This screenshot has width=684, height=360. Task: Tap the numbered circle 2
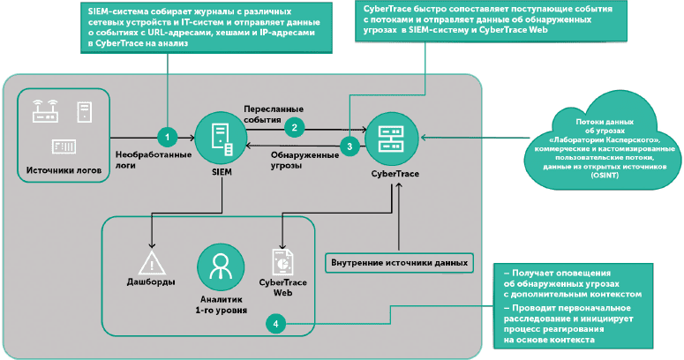[297, 126]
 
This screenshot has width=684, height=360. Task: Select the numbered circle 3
[350, 146]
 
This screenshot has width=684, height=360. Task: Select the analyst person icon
[221, 264]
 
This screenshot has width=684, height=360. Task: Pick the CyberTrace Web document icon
[282, 261]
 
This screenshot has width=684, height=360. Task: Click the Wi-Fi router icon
[45, 112]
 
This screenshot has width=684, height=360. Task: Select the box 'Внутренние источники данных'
[397, 263]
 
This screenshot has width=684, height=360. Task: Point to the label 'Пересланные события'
[274, 113]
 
